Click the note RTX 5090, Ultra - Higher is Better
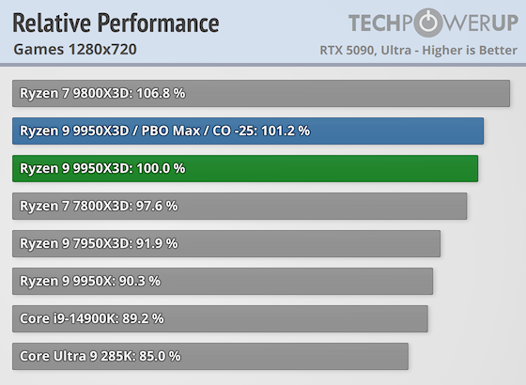point(417,49)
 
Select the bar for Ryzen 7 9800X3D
point(261,93)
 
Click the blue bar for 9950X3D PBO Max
point(248,131)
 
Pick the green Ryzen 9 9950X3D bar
point(245,168)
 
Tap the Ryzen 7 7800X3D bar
point(240,206)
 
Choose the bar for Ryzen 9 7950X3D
point(226,243)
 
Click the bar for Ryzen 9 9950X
point(223,281)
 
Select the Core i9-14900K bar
point(220,318)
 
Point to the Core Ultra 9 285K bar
point(210,356)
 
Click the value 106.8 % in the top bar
point(141,93)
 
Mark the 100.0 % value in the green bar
point(158,168)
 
